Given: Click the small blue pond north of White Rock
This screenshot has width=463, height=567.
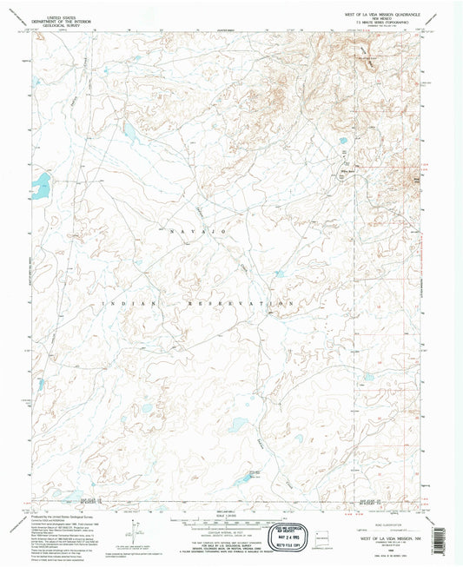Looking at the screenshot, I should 342,141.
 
